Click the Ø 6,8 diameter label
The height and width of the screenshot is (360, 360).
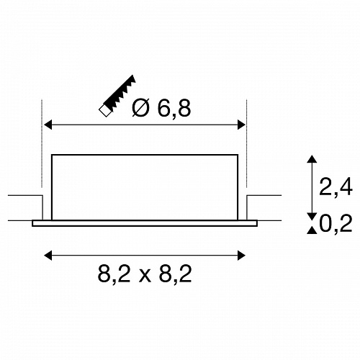coord(161,108)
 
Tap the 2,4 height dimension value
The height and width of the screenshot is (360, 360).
coord(336,186)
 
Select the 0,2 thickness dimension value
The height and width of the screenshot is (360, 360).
coord(336,223)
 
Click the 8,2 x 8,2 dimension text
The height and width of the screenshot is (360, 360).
coord(145,274)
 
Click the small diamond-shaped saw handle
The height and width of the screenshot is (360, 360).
coord(105,111)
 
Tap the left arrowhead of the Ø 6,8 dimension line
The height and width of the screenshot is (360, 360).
coord(48,125)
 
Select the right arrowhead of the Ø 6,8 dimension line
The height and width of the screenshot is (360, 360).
coord(241,125)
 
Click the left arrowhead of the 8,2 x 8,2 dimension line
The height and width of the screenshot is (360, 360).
coord(48,256)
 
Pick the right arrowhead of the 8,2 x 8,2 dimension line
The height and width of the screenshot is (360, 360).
coord(241,256)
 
